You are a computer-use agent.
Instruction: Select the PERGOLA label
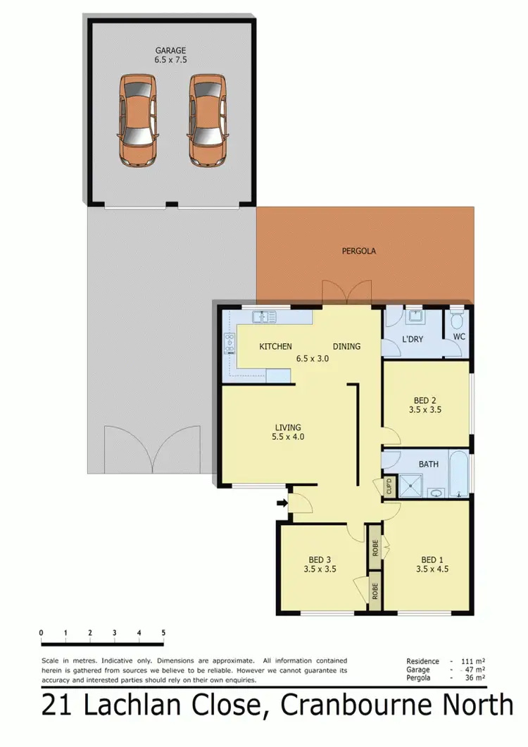point(359,250)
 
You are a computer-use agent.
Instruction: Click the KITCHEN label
point(275,347)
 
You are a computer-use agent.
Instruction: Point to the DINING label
point(346,347)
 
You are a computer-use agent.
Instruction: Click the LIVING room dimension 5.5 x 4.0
point(288,437)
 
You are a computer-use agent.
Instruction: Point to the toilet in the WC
point(457,323)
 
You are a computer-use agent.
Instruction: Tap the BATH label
point(429,465)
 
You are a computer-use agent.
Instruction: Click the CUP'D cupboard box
point(388,486)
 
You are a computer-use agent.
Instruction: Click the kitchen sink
point(265,317)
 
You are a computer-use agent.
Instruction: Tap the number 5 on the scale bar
point(163,632)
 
